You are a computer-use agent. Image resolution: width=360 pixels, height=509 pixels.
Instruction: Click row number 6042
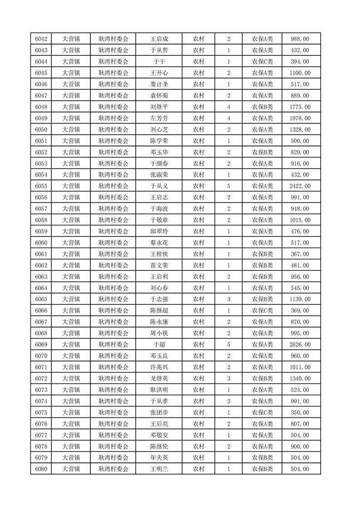pos(41,39)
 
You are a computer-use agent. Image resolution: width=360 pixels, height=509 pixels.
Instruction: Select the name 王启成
pos(159,39)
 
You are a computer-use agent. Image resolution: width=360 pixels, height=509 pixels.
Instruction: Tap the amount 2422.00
pos(300,186)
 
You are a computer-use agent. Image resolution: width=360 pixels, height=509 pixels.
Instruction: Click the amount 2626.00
pos(300,344)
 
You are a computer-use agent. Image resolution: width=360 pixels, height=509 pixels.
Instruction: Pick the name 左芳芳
pos(159,118)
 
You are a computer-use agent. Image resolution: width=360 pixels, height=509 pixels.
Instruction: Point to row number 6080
pos(41,469)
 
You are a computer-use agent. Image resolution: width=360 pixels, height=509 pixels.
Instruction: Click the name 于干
pos(159,62)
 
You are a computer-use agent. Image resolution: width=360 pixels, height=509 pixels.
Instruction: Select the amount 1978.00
pos(300,118)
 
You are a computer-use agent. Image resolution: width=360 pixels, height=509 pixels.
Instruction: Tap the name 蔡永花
pos(159,243)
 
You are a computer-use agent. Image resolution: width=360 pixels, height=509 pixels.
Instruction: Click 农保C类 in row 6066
pos(262,310)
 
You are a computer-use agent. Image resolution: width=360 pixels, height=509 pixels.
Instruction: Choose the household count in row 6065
pos(228,299)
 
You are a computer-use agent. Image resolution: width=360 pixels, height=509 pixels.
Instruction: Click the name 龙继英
pos(159,378)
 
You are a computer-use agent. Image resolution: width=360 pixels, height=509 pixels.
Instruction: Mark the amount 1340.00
pos(300,378)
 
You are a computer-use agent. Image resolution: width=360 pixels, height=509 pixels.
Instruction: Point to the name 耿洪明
pos(159,390)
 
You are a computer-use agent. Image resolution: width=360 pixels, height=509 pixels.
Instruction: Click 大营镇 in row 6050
pos(71,130)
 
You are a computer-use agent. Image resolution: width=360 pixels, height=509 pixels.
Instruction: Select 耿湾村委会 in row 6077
pos(113,435)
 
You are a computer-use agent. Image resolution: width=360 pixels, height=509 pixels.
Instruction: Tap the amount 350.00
pos(300,412)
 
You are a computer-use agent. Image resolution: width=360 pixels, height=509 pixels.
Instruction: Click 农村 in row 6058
pos(198,220)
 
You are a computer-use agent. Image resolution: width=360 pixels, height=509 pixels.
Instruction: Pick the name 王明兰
pos(159,469)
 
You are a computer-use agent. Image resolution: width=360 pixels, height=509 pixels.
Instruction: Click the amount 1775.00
pos(300,107)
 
